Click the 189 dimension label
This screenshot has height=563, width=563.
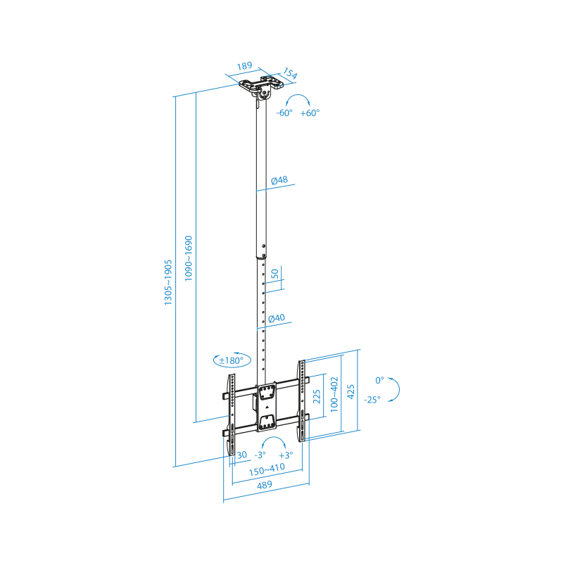pyautogui.click(x=244, y=66)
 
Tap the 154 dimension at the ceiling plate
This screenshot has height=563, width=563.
pyautogui.click(x=290, y=73)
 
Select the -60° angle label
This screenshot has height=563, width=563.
pyautogui.click(x=284, y=113)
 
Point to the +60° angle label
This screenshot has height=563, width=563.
pyautogui.click(x=310, y=113)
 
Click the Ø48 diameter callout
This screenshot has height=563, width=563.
pyautogui.click(x=279, y=180)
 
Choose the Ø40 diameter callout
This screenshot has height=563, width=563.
pyautogui.click(x=277, y=318)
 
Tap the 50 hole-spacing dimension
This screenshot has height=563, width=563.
pyautogui.click(x=274, y=274)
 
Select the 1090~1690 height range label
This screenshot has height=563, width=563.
pyautogui.click(x=189, y=258)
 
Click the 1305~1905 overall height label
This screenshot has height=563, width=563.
pyautogui.click(x=168, y=283)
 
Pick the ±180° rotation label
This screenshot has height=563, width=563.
pyautogui.click(x=232, y=360)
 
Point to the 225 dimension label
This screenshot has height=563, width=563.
pyautogui.click(x=317, y=396)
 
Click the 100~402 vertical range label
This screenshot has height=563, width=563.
pyautogui.click(x=334, y=394)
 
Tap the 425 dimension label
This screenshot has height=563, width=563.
pyautogui.click(x=351, y=391)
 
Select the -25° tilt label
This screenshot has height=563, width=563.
pyautogui.click(x=372, y=400)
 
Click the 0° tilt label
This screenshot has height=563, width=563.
pyautogui.click(x=379, y=380)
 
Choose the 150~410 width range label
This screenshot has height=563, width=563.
pyautogui.click(x=267, y=469)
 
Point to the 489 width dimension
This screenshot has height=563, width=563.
pyautogui.click(x=265, y=485)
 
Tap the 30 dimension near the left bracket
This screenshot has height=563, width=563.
pyautogui.click(x=242, y=455)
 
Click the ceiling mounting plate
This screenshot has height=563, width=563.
pyautogui.click(x=261, y=84)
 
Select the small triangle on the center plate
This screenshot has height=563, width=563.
pyautogui.click(x=267, y=407)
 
